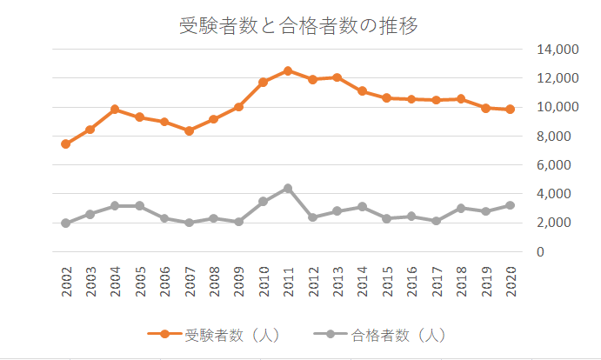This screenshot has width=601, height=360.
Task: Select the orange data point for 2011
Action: click(288, 70)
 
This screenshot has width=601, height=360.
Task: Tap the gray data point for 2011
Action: click(288, 188)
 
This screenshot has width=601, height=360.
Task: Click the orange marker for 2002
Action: click(66, 143)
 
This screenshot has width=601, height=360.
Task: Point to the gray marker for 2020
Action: click(511, 205)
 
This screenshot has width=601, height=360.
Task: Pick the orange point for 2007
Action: click(190, 130)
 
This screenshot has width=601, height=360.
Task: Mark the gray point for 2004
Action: click(116, 206)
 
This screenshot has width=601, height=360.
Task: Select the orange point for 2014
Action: click(362, 90)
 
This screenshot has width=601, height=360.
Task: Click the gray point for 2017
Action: click(436, 221)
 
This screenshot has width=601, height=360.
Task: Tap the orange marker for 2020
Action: click(511, 109)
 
